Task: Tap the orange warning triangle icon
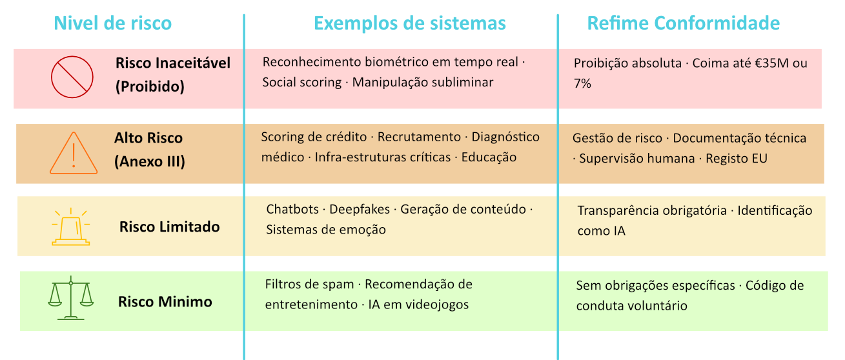(x=74, y=154)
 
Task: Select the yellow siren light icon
(x=70, y=227)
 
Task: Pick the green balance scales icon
(x=70, y=298)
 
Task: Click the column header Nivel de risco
(x=112, y=23)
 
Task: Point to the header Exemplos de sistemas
(x=409, y=23)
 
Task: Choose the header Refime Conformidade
(x=683, y=23)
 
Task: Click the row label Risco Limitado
(x=169, y=227)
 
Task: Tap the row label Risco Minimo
(x=165, y=302)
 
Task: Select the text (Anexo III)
(x=150, y=162)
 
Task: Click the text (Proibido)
(x=150, y=86)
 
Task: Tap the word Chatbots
(x=292, y=210)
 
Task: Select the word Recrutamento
(x=419, y=137)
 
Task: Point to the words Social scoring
(x=302, y=83)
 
